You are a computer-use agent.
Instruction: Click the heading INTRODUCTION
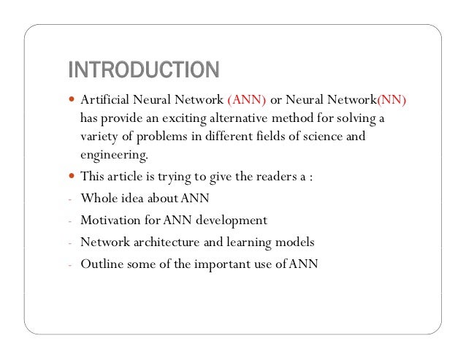pos(143,70)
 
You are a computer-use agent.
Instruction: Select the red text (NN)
pos(391,100)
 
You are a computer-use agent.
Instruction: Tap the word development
pos(230,220)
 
